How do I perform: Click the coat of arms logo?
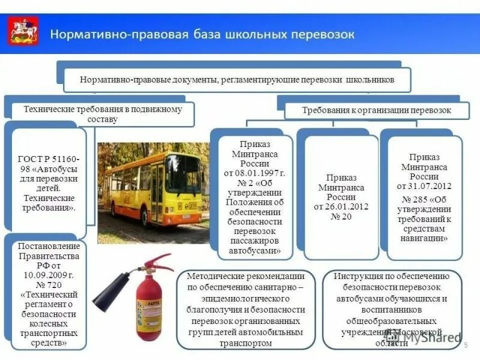coord(24,32)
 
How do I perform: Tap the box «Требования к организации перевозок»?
coord(376,110)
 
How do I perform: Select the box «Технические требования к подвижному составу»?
coord(100,114)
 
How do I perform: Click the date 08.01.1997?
coord(256,173)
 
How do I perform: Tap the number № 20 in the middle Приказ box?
coord(341,216)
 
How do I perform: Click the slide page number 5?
coord(466,347)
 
